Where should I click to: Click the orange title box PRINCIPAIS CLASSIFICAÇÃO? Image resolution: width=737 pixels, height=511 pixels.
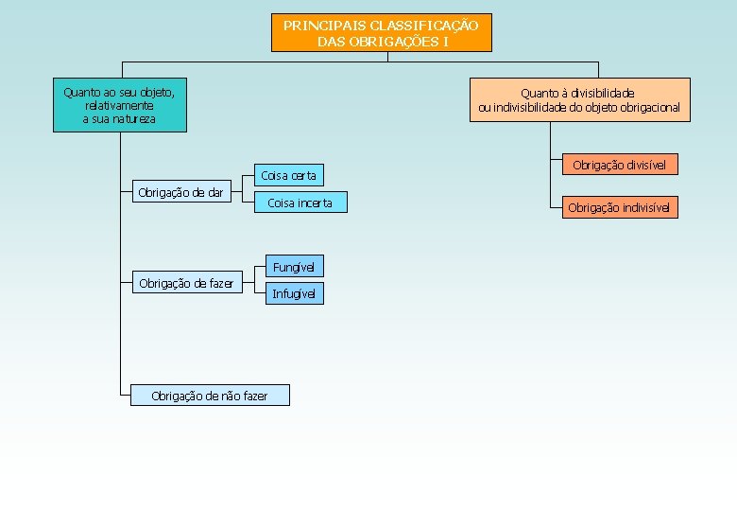point(382,33)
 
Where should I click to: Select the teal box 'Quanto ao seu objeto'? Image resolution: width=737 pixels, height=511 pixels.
point(119,105)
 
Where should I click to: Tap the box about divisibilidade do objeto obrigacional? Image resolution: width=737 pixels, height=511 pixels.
point(579,100)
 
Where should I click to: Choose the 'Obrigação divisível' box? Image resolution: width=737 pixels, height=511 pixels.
point(619,166)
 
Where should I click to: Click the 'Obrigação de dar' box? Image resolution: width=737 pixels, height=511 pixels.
point(180,193)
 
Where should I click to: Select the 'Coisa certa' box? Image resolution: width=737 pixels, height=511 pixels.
point(289,175)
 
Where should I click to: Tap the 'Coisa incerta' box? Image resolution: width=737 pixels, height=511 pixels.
point(300,203)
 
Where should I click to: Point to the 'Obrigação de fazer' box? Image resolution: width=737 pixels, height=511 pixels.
point(186,283)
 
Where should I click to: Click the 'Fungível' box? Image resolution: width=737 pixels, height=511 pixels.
point(293,267)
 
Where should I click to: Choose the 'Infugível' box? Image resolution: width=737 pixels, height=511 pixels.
point(293,294)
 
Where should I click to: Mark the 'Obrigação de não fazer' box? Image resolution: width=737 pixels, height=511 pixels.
point(210,396)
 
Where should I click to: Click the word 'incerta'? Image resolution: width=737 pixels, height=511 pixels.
point(315,203)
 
